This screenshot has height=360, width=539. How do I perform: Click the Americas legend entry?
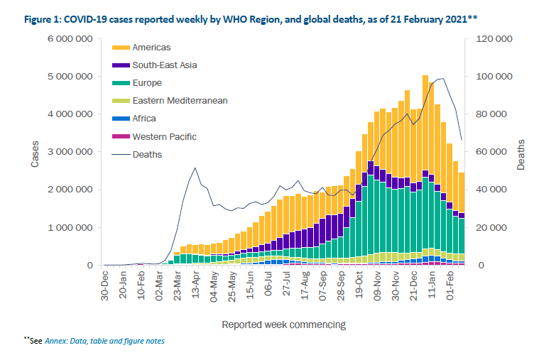click(151, 48)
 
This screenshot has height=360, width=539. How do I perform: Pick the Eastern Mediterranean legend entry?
click(180, 101)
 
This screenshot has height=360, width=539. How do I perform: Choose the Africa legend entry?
click(144, 119)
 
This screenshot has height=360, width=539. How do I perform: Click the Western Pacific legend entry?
click(164, 136)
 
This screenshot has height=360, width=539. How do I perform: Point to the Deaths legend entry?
click(147, 154)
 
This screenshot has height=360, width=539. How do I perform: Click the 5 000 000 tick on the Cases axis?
click(71, 76)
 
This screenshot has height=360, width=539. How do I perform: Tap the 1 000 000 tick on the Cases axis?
click(71, 228)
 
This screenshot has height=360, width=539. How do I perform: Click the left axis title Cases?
click(35, 152)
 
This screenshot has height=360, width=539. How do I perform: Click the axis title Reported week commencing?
click(284, 324)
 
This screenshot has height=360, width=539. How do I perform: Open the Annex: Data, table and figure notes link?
click(104, 342)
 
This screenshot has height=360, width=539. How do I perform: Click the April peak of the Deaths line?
click(195, 168)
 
